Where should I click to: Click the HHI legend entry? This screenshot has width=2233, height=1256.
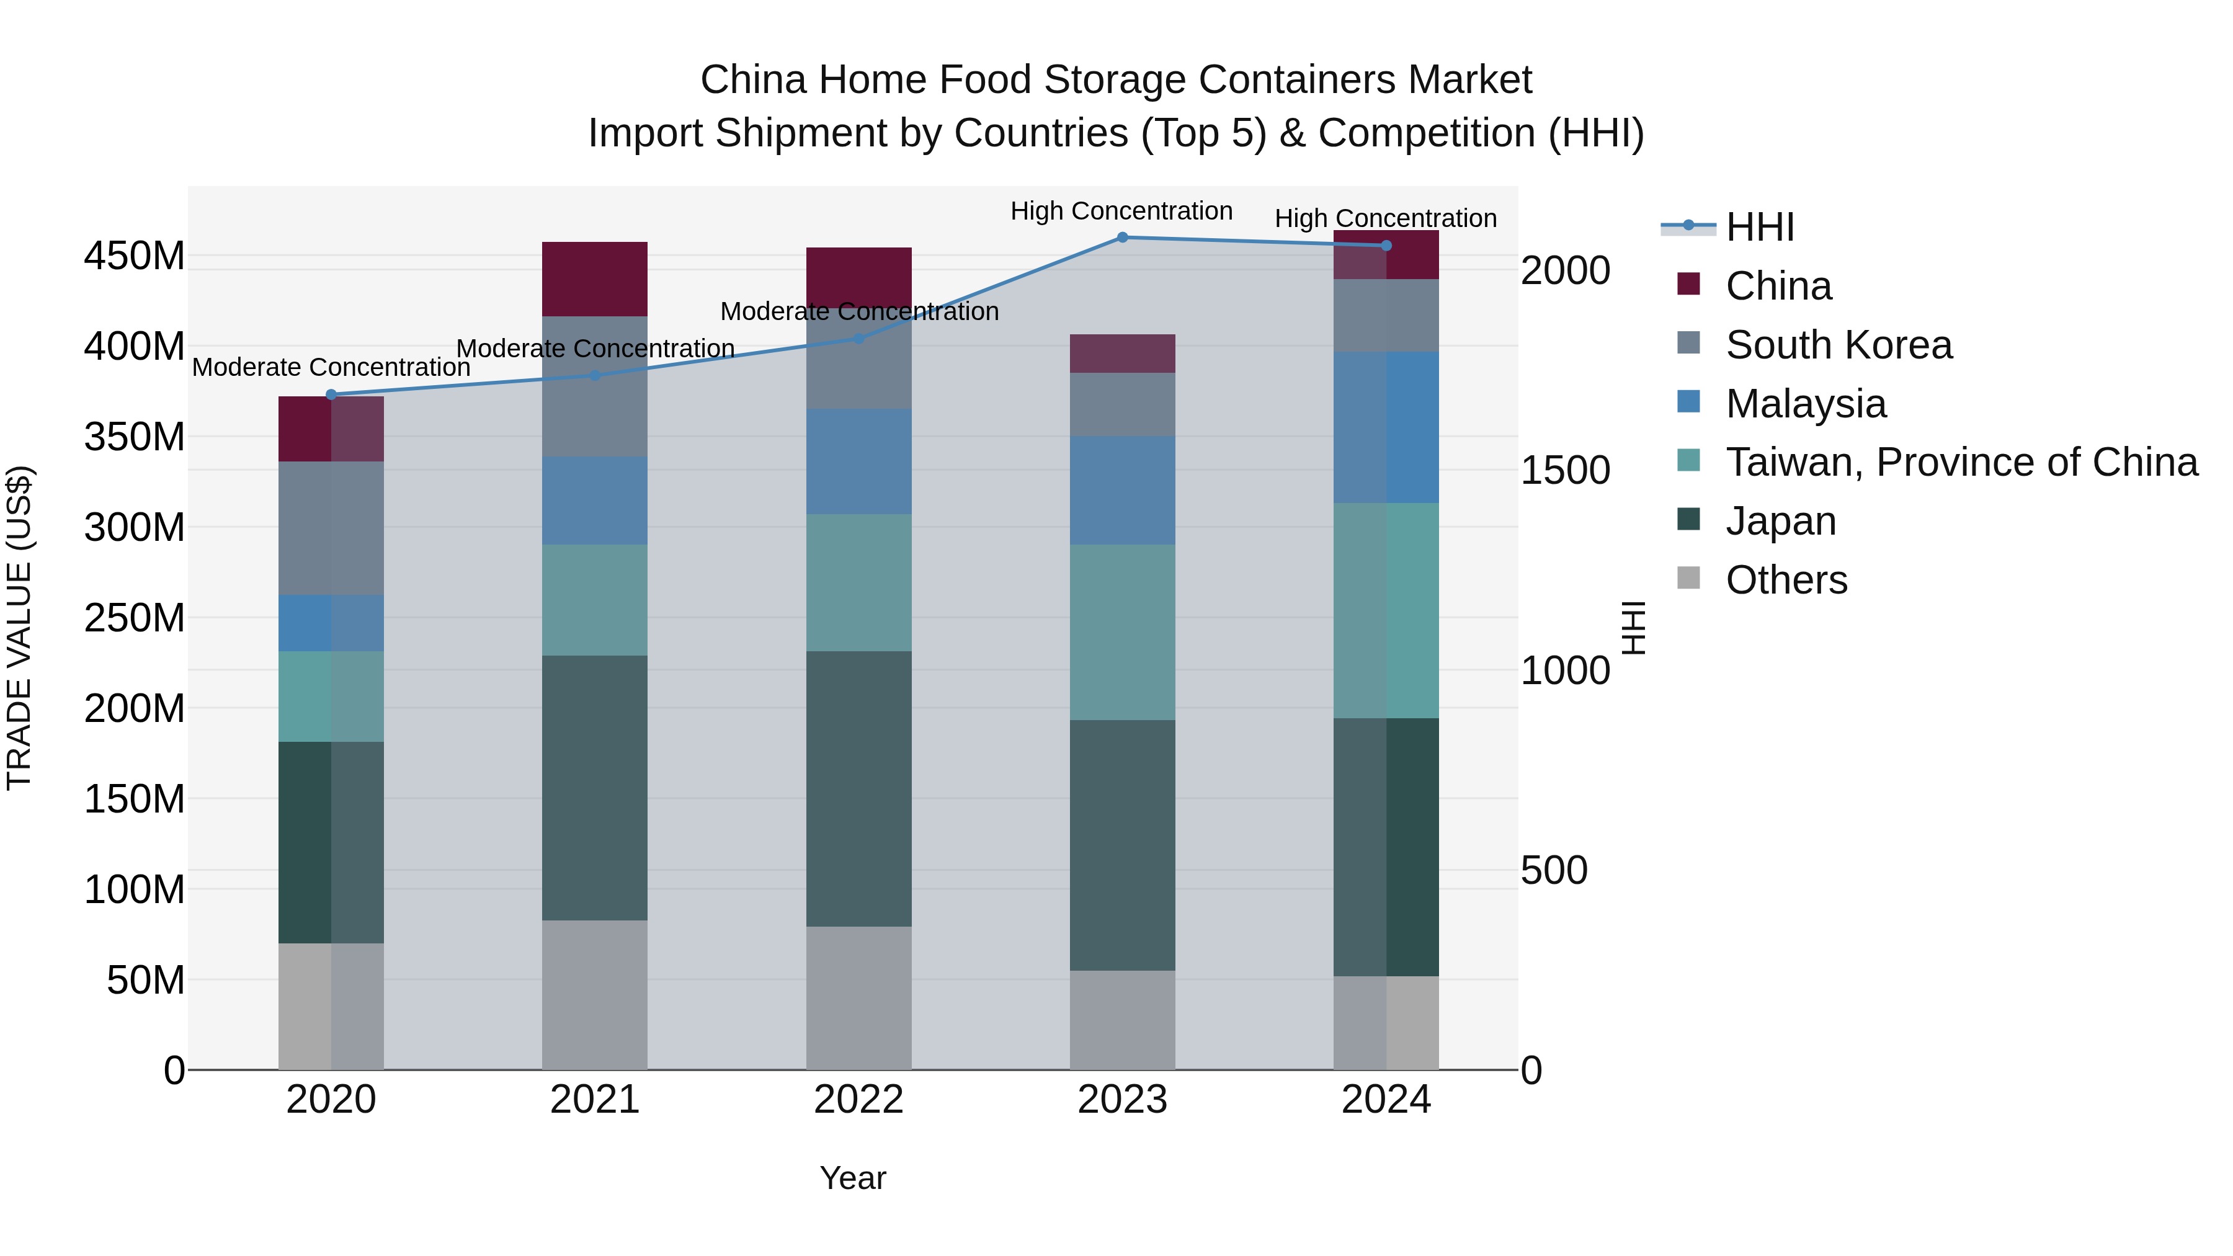click(1759, 227)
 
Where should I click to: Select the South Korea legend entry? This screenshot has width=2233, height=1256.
click(1838, 345)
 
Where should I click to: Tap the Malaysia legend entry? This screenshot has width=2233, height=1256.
click(1805, 404)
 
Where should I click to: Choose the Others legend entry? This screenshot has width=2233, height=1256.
click(1786, 580)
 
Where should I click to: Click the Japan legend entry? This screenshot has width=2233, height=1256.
click(1780, 521)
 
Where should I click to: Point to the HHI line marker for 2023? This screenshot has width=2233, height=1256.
click(1121, 238)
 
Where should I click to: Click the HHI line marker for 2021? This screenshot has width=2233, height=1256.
click(595, 375)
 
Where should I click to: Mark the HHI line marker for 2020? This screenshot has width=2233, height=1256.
click(331, 394)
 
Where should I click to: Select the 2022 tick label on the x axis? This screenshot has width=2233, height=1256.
click(858, 1100)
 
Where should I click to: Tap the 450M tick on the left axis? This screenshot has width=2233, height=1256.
click(135, 257)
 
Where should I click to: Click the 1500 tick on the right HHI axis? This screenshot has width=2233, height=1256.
click(1565, 471)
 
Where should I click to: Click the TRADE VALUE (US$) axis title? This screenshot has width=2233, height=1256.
click(19, 628)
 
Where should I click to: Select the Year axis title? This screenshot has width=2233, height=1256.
click(852, 1178)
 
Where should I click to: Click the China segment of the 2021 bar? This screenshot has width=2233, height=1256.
click(595, 279)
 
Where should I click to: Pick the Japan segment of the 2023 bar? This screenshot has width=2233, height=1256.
click(1121, 845)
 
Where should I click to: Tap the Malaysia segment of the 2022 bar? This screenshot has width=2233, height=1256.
click(858, 461)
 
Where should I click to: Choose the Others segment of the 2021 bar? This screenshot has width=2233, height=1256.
click(595, 994)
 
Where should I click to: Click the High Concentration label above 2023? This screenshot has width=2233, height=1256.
click(1121, 211)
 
